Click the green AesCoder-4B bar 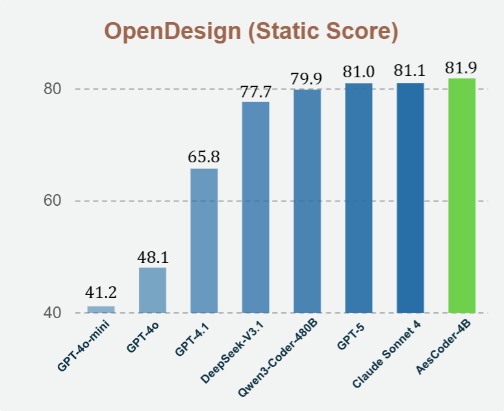[462, 195]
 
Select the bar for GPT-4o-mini [101, 309]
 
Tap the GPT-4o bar [152, 290]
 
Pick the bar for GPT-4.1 [204, 240]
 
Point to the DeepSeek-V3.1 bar [255, 206]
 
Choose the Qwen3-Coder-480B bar [307, 200]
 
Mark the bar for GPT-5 [359, 197]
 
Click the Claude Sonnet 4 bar [410, 197]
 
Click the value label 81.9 [462, 68]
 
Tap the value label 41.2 [101, 293]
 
